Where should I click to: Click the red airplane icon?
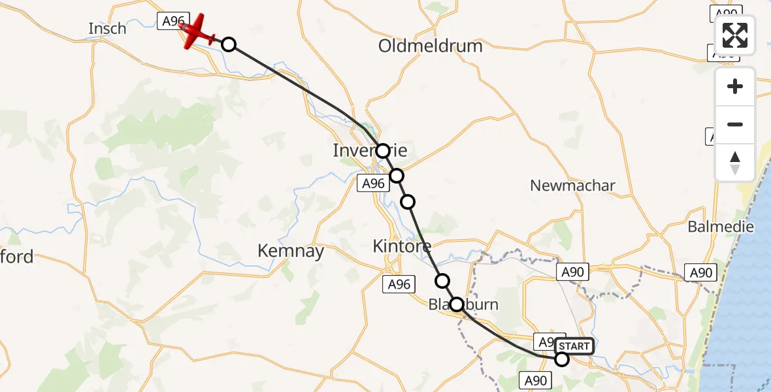coord(197,32)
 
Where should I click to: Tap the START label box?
coord(574,346)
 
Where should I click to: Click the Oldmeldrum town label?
coord(431,46)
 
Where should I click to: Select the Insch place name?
coord(107,29)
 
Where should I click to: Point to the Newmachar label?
coord(572,186)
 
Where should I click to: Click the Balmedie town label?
coord(721,227)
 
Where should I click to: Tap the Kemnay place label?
coord(291,251)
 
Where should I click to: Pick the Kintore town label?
coord(401,246)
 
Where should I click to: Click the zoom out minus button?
coord(735,124)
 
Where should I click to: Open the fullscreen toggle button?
coord(735,35)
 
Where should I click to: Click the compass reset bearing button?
coord(735,162)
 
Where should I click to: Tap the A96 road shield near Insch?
coord(173,21)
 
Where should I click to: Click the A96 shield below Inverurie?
coord(374,184)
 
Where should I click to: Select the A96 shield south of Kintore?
coord(399,284)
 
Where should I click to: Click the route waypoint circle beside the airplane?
coord(228,44)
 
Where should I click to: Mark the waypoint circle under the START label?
coord(561,359)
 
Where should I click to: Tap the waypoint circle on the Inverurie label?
coord(382,151)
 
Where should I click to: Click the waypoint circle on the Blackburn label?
coord(457,304)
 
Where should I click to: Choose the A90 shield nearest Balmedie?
coord(699,272)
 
